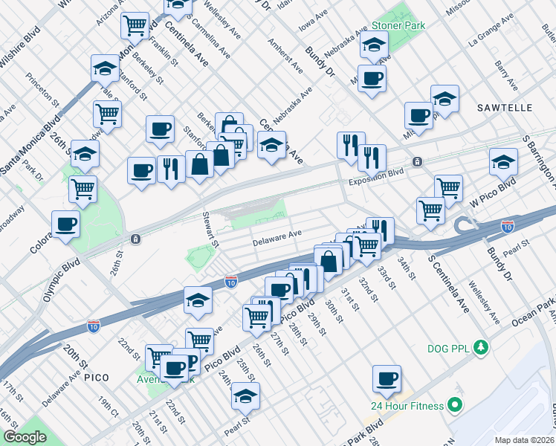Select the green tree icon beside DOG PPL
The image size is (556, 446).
tap(481, 347)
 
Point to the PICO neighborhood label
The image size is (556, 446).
tap(96, 378)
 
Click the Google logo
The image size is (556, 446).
tap(25, 437)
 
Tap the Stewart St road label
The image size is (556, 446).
tap(212, 230)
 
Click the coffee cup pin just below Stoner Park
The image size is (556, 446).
tap(372, 77)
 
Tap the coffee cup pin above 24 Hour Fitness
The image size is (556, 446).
tap(387, 378)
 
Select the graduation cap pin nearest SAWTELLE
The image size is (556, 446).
tap(445, 99)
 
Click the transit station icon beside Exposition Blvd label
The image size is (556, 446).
tap(418, 161)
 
